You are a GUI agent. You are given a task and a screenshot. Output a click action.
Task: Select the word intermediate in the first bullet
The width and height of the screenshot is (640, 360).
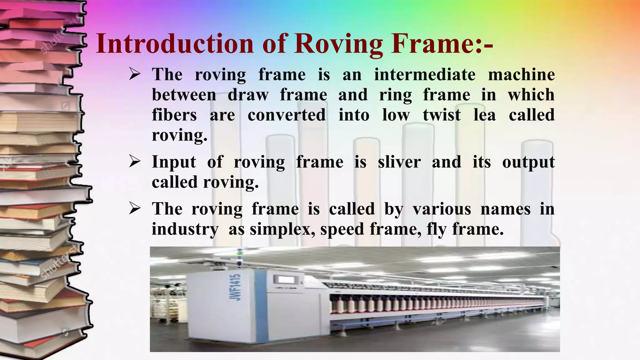[425, 75]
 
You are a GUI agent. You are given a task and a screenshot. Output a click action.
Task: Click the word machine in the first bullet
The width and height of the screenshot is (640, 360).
[521, 75]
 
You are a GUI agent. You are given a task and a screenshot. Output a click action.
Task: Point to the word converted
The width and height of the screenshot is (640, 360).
[287, 115]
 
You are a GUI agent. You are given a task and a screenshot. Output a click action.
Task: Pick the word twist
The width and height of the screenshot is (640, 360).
[442, 115]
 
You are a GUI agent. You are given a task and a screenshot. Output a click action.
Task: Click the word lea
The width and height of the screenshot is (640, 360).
[484, 115]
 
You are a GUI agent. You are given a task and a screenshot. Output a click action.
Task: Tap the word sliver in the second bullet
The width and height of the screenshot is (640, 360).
[399, 162]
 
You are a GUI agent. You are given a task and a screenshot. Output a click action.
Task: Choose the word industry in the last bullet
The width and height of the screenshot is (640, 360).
[185, 229]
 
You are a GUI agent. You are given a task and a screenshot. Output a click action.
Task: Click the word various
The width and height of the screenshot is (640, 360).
[442, 209]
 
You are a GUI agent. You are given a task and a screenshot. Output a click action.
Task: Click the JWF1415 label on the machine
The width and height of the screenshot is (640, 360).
[236, 287]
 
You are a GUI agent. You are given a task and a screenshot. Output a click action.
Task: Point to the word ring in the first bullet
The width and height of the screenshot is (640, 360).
[395, 95]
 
